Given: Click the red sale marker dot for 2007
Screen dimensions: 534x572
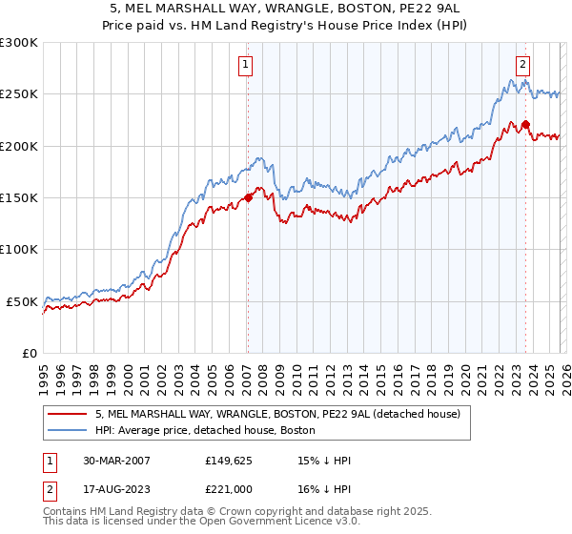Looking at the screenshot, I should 248,198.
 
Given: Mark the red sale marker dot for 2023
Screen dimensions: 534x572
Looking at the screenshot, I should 525,124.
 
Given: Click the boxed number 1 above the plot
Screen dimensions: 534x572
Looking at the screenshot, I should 246,65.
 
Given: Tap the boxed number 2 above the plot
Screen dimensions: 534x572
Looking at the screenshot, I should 523,65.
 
